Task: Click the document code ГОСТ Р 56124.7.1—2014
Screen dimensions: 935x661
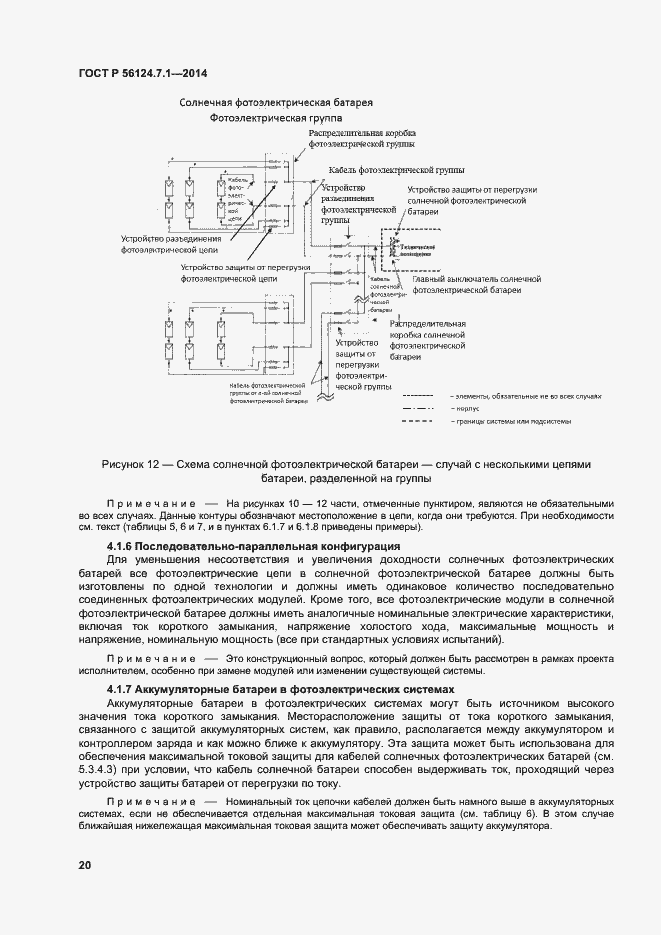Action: [x=143, y=73]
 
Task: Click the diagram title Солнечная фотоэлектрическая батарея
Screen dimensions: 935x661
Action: [x=276, y=103]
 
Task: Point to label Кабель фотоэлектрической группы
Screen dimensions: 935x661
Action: [x=385, y=170]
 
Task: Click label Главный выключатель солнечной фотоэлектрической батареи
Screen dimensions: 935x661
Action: [x=476, y=284]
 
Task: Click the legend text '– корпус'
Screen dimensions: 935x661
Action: [x=466, y=409]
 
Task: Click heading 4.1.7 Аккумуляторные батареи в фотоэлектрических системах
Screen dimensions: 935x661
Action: [x=280, y=689]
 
